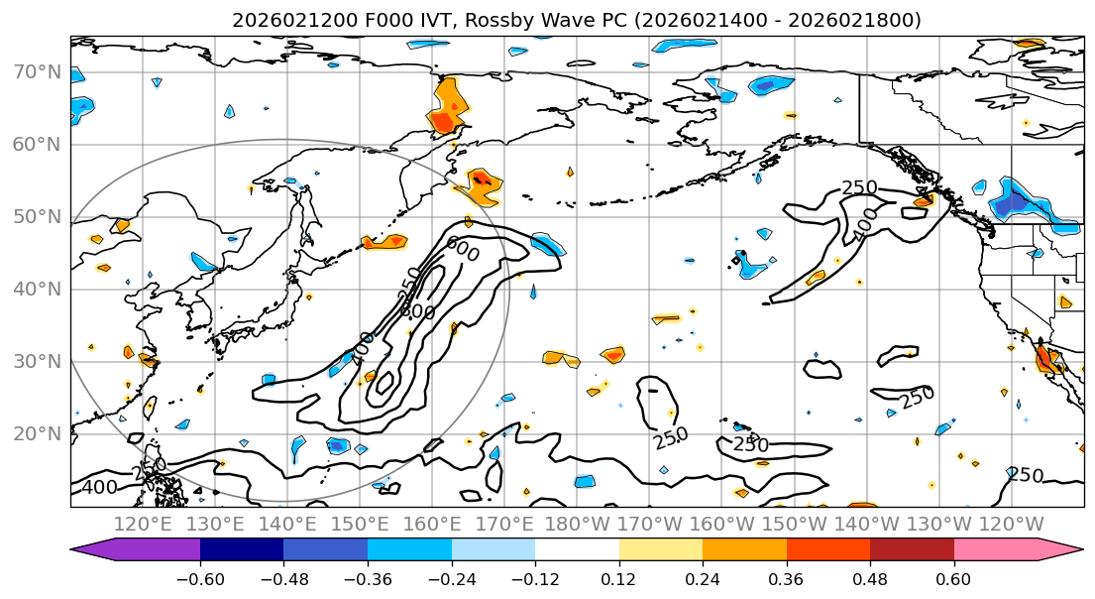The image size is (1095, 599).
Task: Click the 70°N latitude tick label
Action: (x=36, y=71)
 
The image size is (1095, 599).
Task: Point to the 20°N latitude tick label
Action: (x=36, y=433)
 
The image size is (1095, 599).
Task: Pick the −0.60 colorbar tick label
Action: (x=200, y=576)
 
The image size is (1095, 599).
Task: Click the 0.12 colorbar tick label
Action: (x=618, y=576)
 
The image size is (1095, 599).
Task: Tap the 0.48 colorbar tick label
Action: (x=870, y=576)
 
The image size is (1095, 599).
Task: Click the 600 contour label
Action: (x=462, y=250)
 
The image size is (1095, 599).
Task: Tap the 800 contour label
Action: (x=417, y=310)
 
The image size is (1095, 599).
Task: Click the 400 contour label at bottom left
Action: (x=100, y=487)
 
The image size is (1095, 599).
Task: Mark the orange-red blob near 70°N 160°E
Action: (x=448, y=107)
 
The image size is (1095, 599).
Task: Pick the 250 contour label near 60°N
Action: (x=859, y=187)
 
